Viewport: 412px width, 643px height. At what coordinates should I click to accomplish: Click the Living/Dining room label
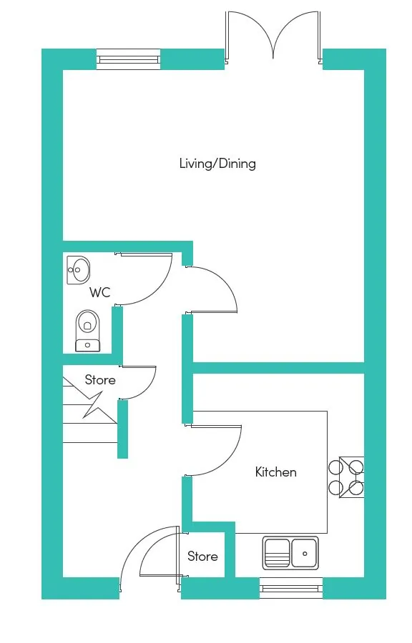pyautogui.click(x=217, y=164)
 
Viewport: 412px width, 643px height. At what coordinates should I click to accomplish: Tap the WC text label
pyautogui.click(x=99, y=292)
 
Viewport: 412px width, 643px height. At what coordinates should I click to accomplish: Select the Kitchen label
pyautogui.click(x=276, y=472)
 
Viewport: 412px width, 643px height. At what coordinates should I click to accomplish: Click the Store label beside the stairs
pyautogui.click(x=100, y=380)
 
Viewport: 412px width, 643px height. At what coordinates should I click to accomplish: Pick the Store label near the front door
pyautogui.click(x=202, y=556)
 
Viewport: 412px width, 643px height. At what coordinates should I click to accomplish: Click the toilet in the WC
pyautogui.click(x=87, y=331)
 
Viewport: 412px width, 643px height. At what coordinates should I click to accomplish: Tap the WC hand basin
pyautogui.click(x=78, y=270)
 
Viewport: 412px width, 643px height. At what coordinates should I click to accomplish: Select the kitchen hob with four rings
pyautogui.click(x=346, y=477)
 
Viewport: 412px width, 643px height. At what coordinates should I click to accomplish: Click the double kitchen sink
pyautogui.click(x=290, y=553)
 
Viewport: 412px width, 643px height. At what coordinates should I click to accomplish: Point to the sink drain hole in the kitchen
pyautogui.click(x=305, y=554)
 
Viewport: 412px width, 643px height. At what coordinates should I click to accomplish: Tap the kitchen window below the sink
pyautogui.click(x=291, y=589)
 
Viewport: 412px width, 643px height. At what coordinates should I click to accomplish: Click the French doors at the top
pyautogui.click(x=273, y=37)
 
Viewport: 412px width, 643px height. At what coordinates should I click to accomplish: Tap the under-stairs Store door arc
pyautogui.click(x=150, y=389)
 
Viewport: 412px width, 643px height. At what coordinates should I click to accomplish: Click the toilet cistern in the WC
pyautogui.click(x=87, y=346)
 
